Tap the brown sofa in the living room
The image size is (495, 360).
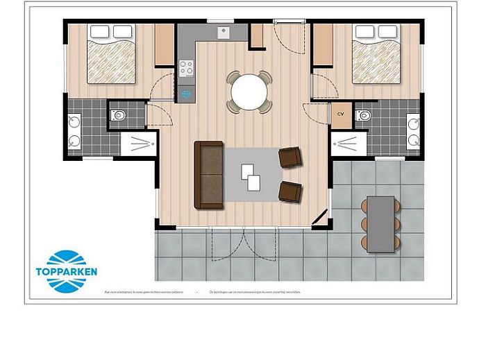click(x=208, y=175)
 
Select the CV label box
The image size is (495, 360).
click(x=341, y=113)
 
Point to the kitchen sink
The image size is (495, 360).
click(x=224, y=32)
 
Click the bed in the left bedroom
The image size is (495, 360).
click(x=111, y=55)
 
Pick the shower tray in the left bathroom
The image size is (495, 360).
click(x=139, y=144)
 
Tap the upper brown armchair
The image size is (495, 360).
click(x=290, y=158)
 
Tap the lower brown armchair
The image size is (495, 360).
click(x=290, y=190)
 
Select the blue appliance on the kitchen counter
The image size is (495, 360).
click(x=186, y=92)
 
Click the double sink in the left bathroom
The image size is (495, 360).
click(x=74, y=132)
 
